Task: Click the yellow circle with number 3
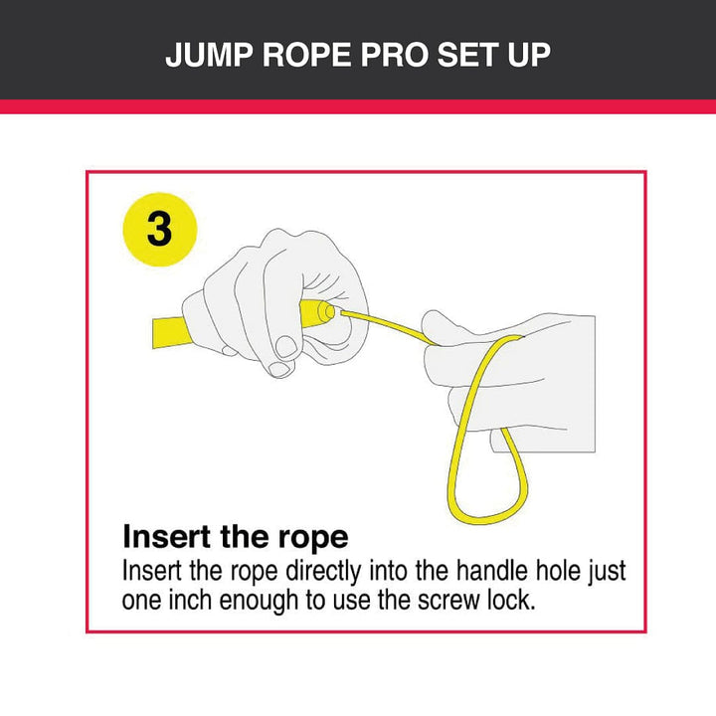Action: (x=160, y=230)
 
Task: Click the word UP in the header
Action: (x=529, y=56)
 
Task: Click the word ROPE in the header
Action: (x=307, y=56)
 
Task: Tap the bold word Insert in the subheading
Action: (x=167, y=537)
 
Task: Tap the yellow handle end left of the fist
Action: (x=170, y=332)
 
